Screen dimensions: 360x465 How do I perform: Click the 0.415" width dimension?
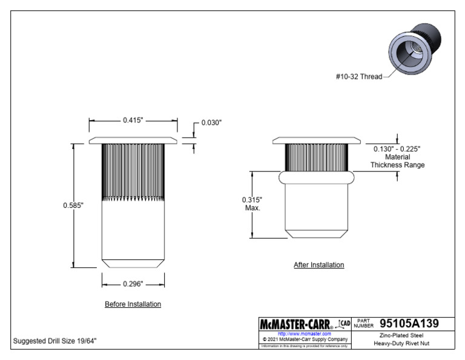coord(133,121)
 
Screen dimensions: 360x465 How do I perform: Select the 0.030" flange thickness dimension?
coord(211,122)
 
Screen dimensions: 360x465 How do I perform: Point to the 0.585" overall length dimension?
coord(73,205)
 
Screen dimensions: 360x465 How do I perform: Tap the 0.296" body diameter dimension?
coord(133,283)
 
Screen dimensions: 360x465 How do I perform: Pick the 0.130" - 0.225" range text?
coord(397,148)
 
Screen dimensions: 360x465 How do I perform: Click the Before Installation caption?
coord(133,304)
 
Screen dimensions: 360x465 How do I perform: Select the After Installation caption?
coord(318,265)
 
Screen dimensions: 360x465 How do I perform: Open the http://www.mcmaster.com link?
coord(304,333)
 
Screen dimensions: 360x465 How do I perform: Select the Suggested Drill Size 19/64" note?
coord(54,341)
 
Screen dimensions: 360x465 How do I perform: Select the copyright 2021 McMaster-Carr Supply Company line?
coord(305,339)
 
